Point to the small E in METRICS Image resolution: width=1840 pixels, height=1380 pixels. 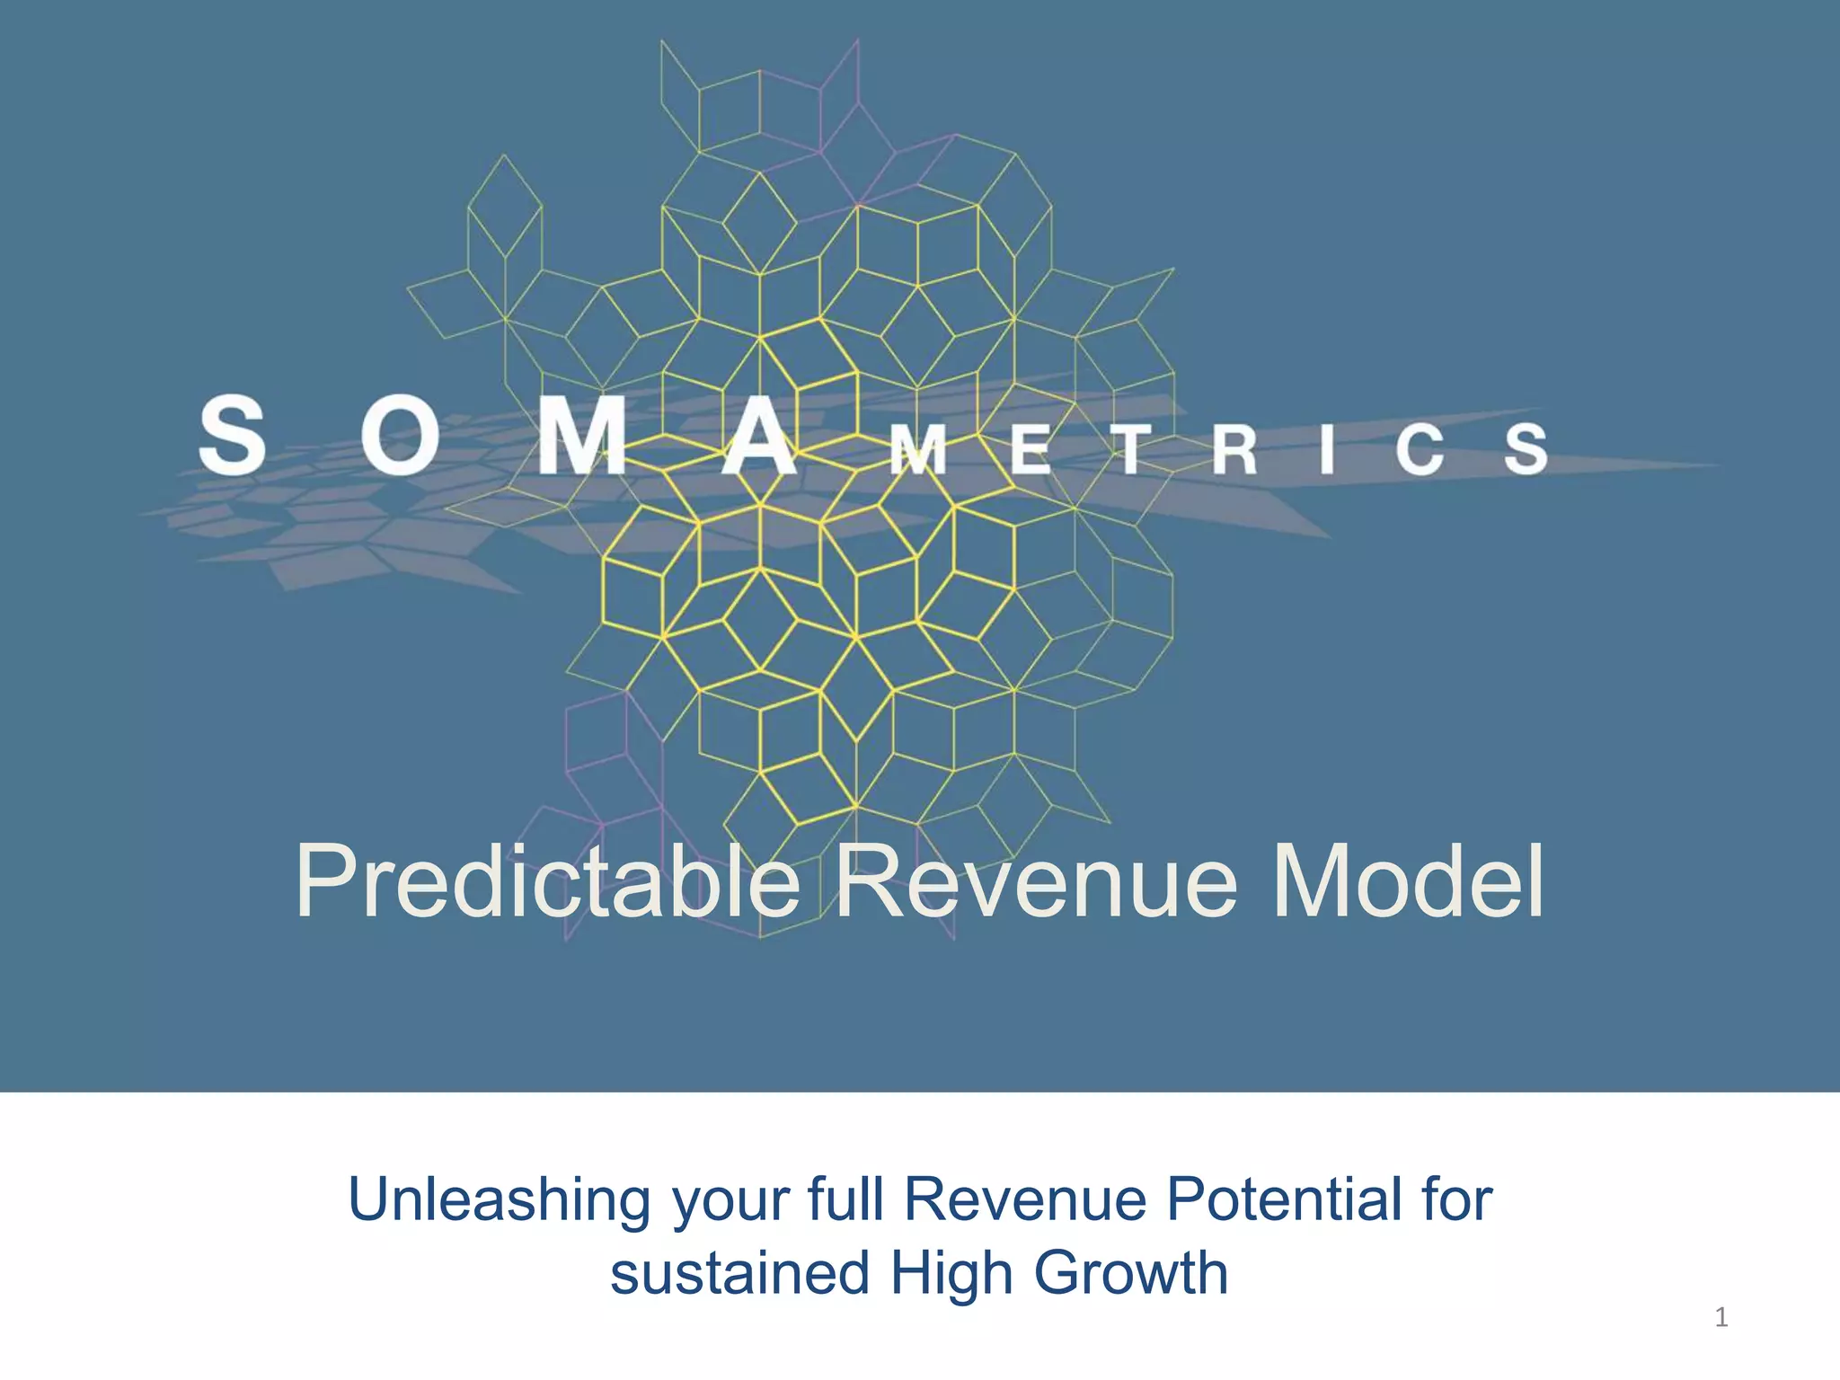(1030, 449)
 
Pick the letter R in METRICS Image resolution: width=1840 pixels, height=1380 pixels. (1234, 449)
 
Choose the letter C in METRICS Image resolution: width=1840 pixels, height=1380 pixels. (1420, 449)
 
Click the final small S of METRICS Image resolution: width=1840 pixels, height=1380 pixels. (1526, 449)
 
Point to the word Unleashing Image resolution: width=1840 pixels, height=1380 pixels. (500, 1200)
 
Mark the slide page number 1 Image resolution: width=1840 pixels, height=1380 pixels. (1721, 1318)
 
